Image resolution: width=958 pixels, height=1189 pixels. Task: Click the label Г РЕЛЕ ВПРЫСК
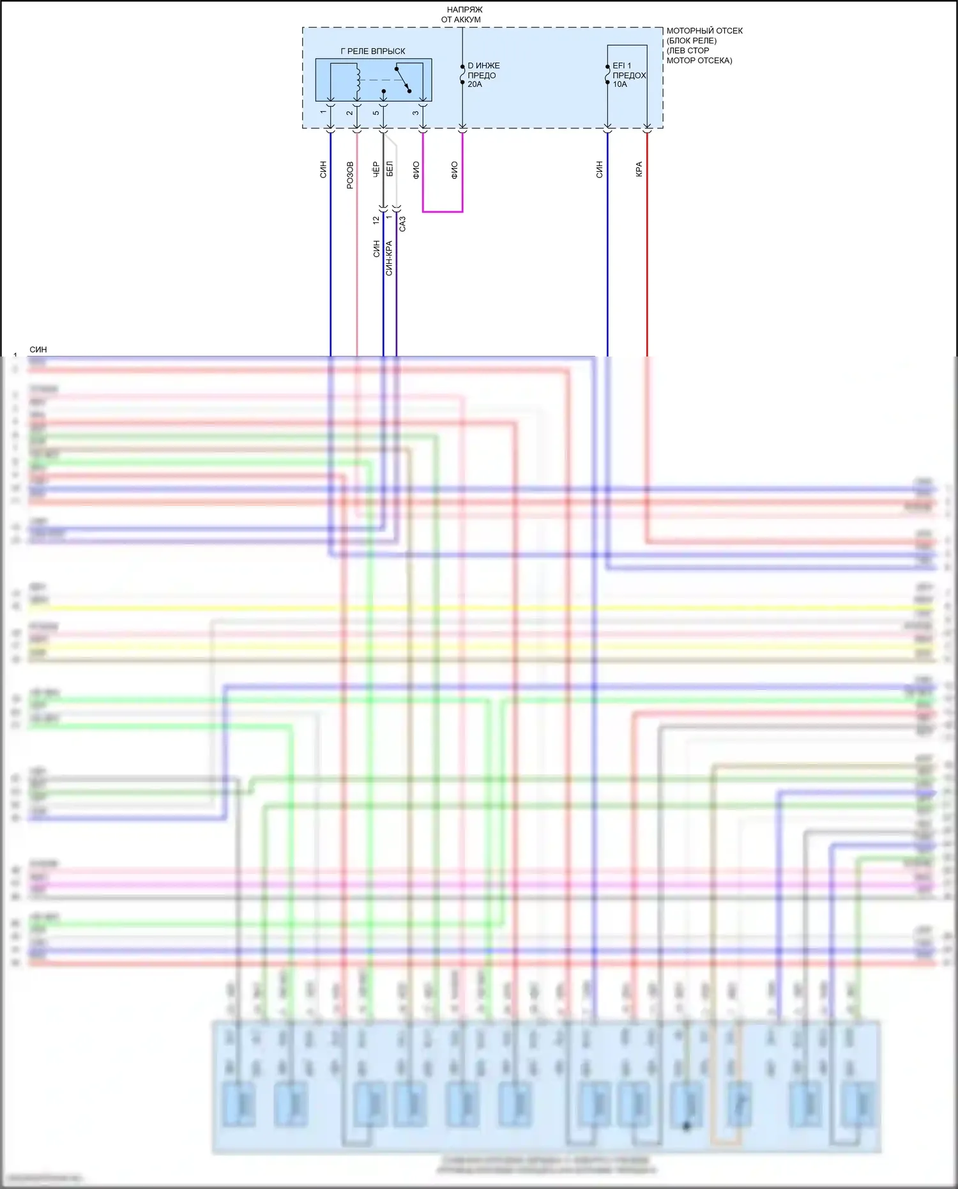pyautogui.click(x=373, y=51)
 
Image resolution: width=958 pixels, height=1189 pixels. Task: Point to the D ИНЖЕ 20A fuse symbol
pyautogui.click(x=462, y=75)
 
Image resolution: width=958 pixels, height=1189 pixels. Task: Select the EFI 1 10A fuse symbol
pyautogui.click(x=607, y=74)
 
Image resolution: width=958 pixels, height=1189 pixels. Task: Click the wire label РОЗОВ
pyautogui.click(x=350, y=175)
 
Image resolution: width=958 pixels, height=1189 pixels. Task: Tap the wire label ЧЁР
pyautogui.click(x=376, y=169)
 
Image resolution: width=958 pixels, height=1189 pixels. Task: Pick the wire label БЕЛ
pyautogui.click(x=390, y=169)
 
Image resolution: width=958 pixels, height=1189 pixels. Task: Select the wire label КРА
pyautogui.click(x=639, y=169)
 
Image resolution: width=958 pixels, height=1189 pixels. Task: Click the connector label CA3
pyautogui.click(x=402, y=224)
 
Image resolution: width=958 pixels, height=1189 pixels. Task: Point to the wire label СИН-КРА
pyautogui.click(x=389, y=258)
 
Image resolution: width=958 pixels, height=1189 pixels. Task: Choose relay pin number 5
pyautogui.click(x=376, y=113)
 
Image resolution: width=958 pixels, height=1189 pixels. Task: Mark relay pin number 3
pyautogui.click(x=416, y=113)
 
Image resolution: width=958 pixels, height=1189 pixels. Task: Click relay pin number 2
pyautogui.click(x=350, y=113)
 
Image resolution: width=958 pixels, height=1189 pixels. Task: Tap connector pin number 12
pyautogui.click(x=376, y=220)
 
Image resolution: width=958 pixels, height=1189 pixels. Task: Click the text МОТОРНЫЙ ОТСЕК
pyautogui.click(x=704, y=31)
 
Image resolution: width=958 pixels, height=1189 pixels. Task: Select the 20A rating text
pyautogui.click(x=475, y=84)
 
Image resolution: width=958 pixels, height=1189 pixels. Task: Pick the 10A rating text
pyautogui.click(x=620, y=84)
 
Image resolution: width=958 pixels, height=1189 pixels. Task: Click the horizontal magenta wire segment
pyautogui.click(x=443, y=211)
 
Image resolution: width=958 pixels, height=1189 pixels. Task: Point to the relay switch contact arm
pyautogui.click(x=402, y=79)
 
